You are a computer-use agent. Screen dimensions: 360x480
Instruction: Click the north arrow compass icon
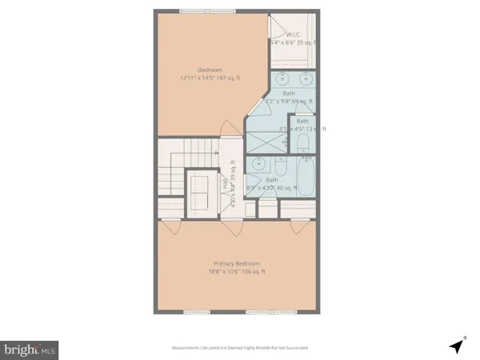(x=456, y=346)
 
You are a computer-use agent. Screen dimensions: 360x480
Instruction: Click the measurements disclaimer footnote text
(x=239, y=348)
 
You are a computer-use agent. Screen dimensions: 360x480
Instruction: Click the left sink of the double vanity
(x=285, y=80)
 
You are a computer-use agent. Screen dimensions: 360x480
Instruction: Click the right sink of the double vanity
(x=306, y=80)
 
